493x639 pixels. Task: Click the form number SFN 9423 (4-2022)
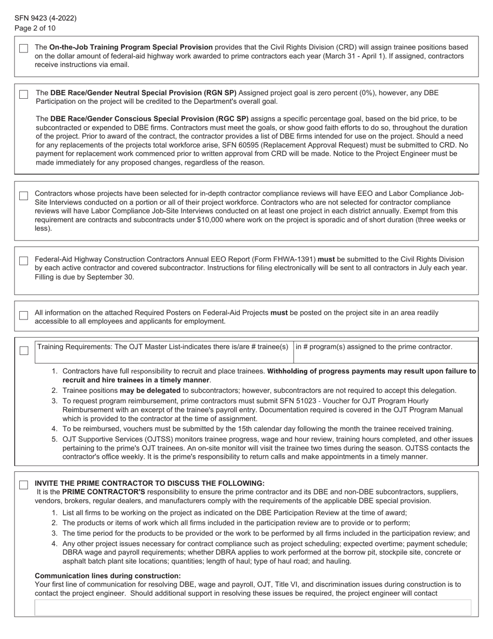pyautogui.click(x=45, y=18)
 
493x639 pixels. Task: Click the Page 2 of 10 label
pyautogui.click(x=35, y=28)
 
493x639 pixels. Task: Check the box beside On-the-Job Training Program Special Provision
pyautogui.click(x=23, y=48)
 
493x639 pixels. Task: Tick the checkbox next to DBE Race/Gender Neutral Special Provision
pyautogui.click(x=23, y=95)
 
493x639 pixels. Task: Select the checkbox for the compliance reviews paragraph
pyautogui.click(x=23, y=196)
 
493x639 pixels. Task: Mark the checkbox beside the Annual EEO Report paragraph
pyautogui.click(x=23, y=261)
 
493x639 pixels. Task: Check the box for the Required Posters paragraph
pyautogui.click(x=23, y=315)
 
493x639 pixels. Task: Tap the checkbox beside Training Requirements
pyautogui.click(x=24, y=351)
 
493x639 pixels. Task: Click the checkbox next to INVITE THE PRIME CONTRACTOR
pyautogui.click(x=23, y=485)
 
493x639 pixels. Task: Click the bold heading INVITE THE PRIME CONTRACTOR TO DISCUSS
pyautogui.click(x=149, y=483)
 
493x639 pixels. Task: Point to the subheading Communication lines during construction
pyautogui.click(x=107, y=576)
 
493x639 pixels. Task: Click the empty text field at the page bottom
pyautogui.click(x=253, y=607)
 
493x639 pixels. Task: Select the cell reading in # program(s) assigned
pyautogui.click(x=374, y=347)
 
